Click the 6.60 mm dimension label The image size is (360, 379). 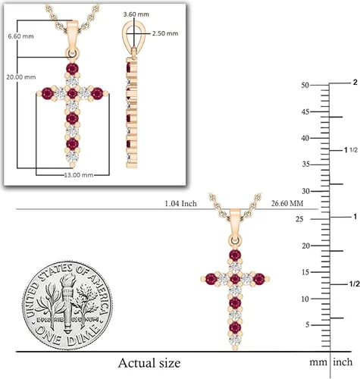pos(20,36)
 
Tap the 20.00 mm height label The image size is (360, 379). pos(21,77)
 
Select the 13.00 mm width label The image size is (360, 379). pos(79,175)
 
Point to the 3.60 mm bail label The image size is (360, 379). pos(136,14)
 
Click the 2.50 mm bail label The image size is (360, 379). pos(165,33)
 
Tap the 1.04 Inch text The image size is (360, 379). pos(180,203)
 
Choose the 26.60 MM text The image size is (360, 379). pos(287,203)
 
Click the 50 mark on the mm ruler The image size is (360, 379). pos(305,85)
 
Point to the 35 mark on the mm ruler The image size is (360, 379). pos(306,164)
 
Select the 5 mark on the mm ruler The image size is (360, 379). pos(307,324)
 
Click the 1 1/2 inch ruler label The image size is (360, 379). pos(351,150)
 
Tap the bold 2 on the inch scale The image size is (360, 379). pos(355,83)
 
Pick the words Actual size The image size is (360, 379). pos(149,363)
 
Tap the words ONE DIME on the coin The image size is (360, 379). pos(67,336)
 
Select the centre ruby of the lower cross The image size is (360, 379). pos(235,279)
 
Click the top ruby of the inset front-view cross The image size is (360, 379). pos(73,69)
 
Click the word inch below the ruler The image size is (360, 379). pos(343,362)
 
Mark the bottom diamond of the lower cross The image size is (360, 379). pos(235,340)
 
